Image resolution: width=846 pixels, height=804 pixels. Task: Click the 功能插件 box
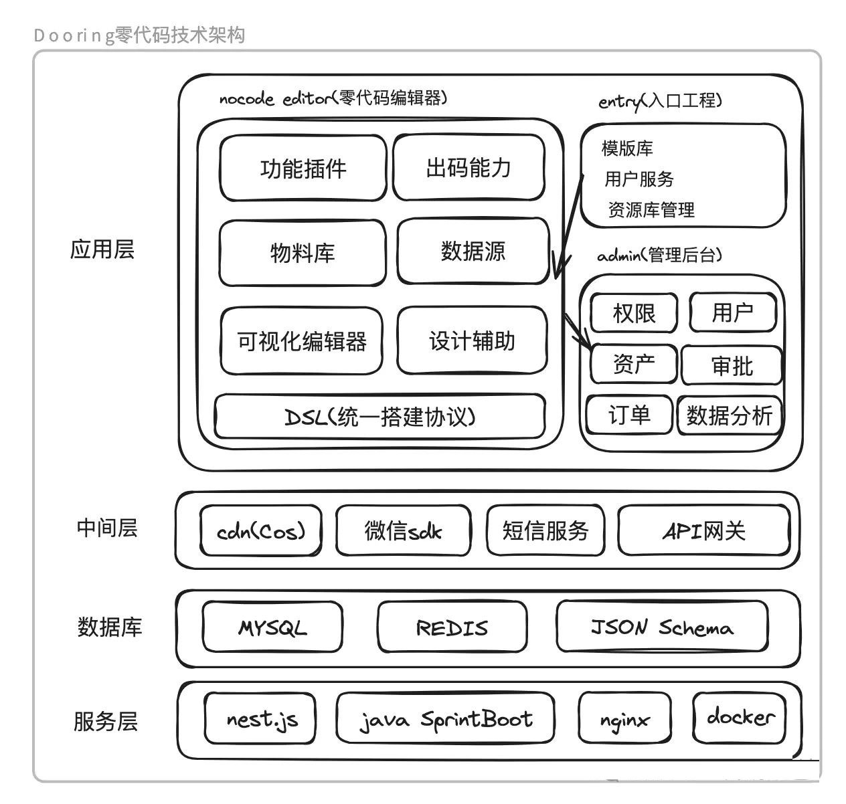pyautogui.click(x=303, y=168)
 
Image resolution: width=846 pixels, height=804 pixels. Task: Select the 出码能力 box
pyautogui.click(x=469, y=167)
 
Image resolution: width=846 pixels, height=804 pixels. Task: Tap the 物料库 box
pyautogui.click(x=303, y=253)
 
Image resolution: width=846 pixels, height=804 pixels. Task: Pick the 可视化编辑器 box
pyautogui.click(x=302, y=341)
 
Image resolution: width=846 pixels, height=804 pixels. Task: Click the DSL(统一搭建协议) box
pyautogui.click(x=379, y=417)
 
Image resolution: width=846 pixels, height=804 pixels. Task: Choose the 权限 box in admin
pyautogui.click(x=634, y=312)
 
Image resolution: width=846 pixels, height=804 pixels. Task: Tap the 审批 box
pyautogui.click(x=732, y=366)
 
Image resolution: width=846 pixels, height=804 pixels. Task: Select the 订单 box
pyautogui.click(x=628, y=415)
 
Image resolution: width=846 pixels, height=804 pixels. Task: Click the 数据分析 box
pyautogui.click(x=730, y=415)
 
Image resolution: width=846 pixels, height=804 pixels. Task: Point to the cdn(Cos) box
pyautogui.click(x=261, y=531)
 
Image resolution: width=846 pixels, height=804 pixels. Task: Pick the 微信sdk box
pyautogui.click(x=403, y=531)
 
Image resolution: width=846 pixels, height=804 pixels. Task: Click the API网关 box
pyautogui.click(x=703, y=531)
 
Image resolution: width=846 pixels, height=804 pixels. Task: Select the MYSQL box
pyautogui.click(x=272, y=627)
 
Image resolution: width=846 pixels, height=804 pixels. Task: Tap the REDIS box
pyautogui.click(x=452, y=627)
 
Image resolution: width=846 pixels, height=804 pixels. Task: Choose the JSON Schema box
pyautogui.click(x=661, y=627)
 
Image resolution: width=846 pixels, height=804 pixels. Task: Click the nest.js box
pyautogui.click(x=260, y=719)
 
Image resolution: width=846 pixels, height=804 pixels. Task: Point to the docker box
pyautogui.click(x=739, y=718)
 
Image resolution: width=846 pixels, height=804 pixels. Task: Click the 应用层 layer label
pyautogui.click(x=102, y=249)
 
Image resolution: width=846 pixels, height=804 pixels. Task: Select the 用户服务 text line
pyautogui.click(x=639, y=179)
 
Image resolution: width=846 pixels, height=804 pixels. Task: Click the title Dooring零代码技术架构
pyautogui.click(x=139, y=35)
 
